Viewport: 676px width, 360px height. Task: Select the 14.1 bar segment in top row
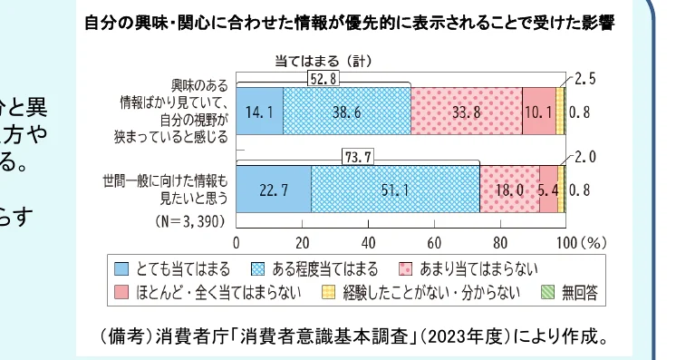259,112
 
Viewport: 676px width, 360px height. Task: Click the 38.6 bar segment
346,112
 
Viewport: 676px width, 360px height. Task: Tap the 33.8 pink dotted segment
466,112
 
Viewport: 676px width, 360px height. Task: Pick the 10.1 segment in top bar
538,112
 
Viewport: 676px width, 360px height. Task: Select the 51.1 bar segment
394,190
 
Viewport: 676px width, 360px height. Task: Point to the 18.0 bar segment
509,190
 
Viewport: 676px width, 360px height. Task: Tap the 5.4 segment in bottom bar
548,190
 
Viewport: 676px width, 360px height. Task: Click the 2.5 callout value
585,79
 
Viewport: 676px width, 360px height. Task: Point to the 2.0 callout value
585,157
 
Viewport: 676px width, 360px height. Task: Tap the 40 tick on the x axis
368,243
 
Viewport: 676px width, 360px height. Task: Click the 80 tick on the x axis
500,243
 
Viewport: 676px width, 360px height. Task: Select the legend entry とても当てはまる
173,269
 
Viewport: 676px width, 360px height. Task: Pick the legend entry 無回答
569,294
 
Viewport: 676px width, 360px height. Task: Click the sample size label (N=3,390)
187,219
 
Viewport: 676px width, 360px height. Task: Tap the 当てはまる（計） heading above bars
323,61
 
